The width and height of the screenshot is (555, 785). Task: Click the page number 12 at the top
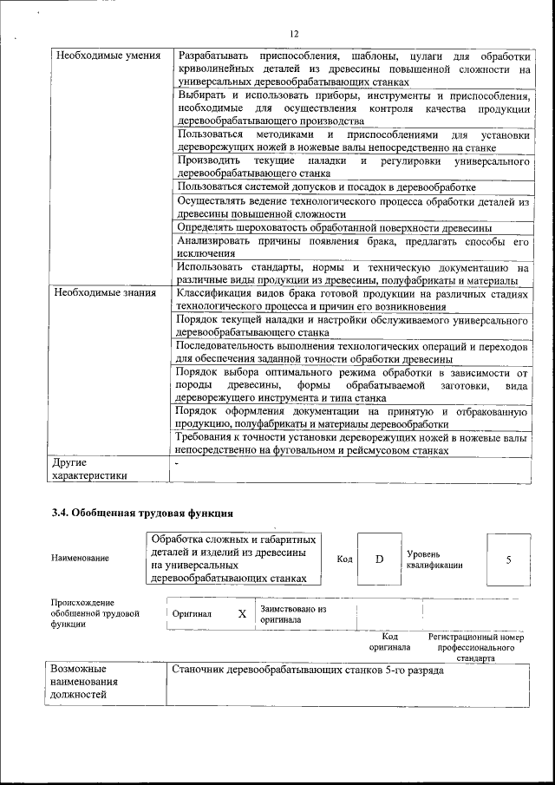click(x=294, y=33)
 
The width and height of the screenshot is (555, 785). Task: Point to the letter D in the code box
click(x=379, y=559)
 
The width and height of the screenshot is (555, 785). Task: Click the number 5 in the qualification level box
click(x=508, y=559)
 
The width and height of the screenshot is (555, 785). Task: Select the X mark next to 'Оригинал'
click(x=242, y=613)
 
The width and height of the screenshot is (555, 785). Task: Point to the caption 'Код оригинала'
click(x=389, y=642)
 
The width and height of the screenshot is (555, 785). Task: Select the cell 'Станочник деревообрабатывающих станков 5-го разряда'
click(x=308, y=671)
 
